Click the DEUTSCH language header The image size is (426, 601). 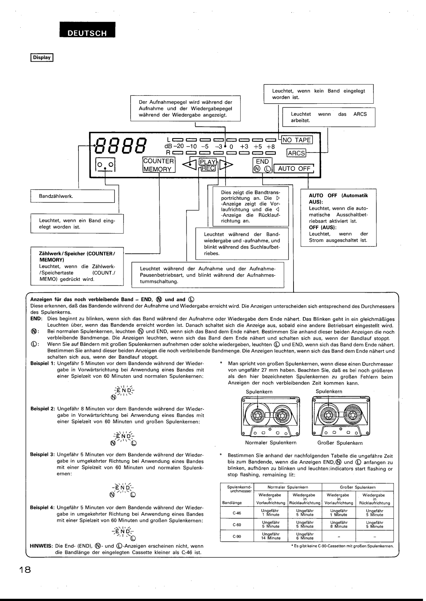point(87,33)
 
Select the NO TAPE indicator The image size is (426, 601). point(297,140)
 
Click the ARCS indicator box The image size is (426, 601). point(296,153)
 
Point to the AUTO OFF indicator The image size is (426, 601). point(294,169)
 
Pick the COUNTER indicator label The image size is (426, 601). point(158,161)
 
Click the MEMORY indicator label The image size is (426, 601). point(157,169)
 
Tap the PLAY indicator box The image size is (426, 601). point(208,162)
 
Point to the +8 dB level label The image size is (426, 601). point(271,146)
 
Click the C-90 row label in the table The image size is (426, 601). point(236,536)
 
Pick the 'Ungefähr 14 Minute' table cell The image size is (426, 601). point(271,536)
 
